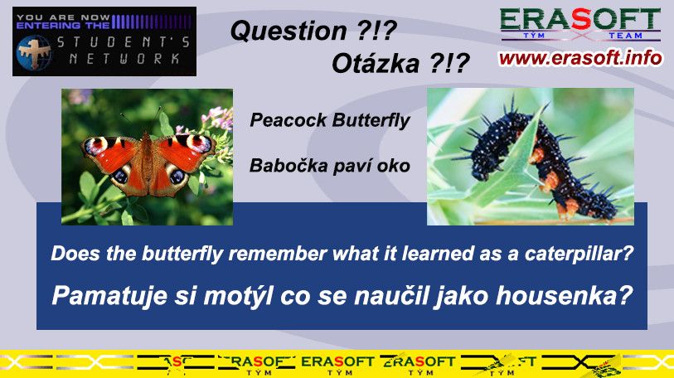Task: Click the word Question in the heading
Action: [x=289, y=31]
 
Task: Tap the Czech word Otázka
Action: [x=376, y=64]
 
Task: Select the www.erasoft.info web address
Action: [x=580, y=58]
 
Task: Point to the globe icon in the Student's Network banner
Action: [x=34, y=52]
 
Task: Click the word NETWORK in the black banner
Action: [x=124, y=59]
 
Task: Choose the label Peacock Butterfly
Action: [x=330, y=120]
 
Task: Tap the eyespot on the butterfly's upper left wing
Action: [x=96, y=145]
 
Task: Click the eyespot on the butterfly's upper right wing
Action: [x=199, y=143]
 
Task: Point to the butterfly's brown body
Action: [x=148, y=162]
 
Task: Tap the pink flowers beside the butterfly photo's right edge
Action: [x=218, y=119]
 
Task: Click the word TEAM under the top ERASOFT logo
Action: [x=625, y=36]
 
